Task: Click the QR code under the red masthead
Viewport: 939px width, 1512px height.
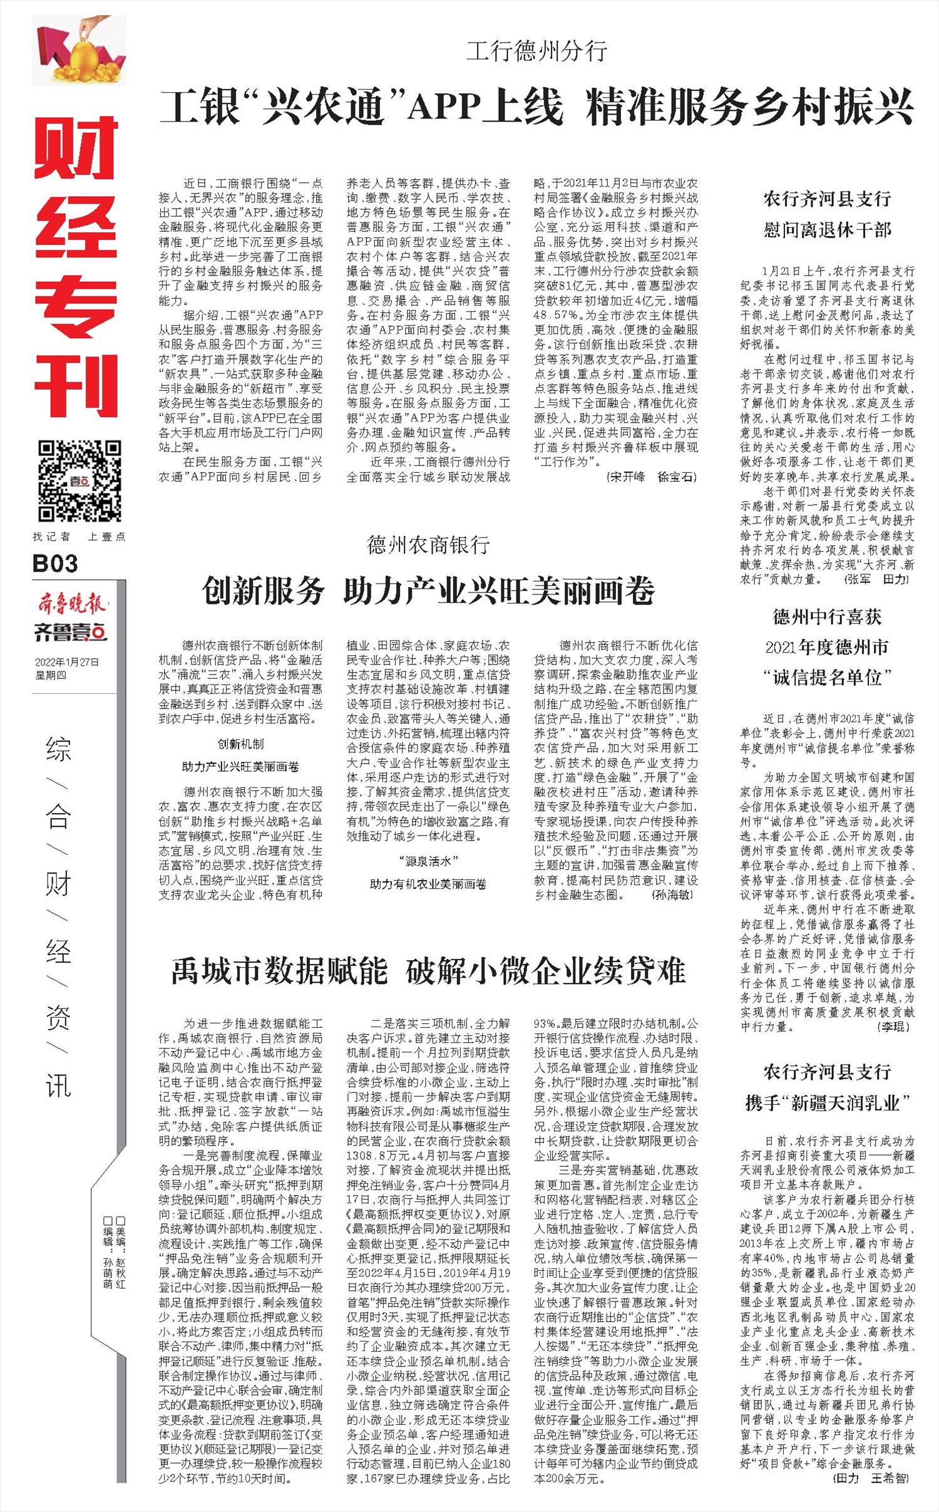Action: pyautogui.click(x=79, y=480)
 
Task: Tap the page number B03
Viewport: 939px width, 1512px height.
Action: pyautogui.click(x=56, y=564)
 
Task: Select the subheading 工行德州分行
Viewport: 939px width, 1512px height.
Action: pyautogui.click(x=536, y=51)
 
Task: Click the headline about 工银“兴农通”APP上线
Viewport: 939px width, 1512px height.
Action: pyautogui.click(x=536, y=107)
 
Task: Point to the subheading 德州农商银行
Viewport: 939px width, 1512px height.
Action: pyautogui.click(x=428, y=545)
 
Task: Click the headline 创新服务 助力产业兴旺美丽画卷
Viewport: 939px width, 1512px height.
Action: pyautogui.click(x=428, y=590)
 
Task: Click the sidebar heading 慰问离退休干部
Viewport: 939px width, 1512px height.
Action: pyautogui.click(x=827, y=230)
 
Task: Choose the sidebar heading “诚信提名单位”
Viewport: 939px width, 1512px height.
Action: pyautogui.click(x=827, y=676)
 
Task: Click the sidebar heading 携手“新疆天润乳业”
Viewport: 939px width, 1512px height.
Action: pyautogui.click(x=827, y=1102)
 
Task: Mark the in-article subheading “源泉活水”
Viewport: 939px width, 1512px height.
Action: pyautogui.click(x=428, y=861)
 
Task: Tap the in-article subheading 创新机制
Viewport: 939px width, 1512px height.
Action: pyautogui.click(x=240, y=743)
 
